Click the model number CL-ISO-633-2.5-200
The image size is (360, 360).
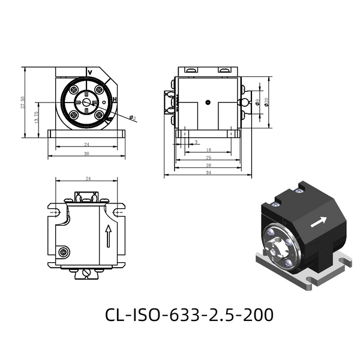point(189,314)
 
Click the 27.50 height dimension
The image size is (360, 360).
point(23,103)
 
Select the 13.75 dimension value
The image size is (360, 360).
point(37,118)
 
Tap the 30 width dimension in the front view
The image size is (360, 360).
point(86,154)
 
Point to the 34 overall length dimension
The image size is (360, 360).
point(208,172)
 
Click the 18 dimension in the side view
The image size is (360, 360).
point(208,150)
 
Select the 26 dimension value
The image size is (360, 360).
point(208,165)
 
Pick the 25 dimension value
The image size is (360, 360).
point(208,157)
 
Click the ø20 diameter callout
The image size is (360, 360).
point(266,102)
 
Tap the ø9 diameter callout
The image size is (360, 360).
point(257,103)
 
